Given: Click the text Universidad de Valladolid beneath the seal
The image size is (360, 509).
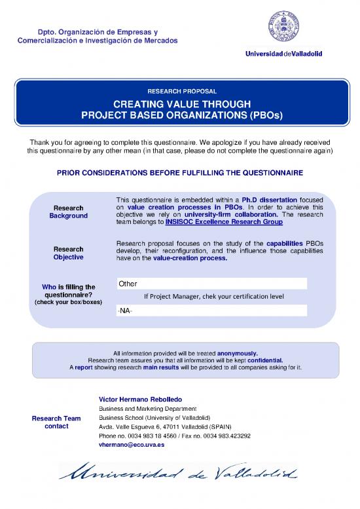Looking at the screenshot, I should click(283, 54).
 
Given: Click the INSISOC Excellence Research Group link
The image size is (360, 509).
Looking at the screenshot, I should click(225, 222).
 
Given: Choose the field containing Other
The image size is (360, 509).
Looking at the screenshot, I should click(211, 284).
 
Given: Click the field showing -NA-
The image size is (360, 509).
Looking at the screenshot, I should click(211, 310).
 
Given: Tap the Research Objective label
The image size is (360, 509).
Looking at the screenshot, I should click(68, 253).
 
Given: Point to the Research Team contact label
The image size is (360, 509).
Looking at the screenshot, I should click(56, 422).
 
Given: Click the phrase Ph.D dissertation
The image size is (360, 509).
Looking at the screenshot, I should click(270, 199).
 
